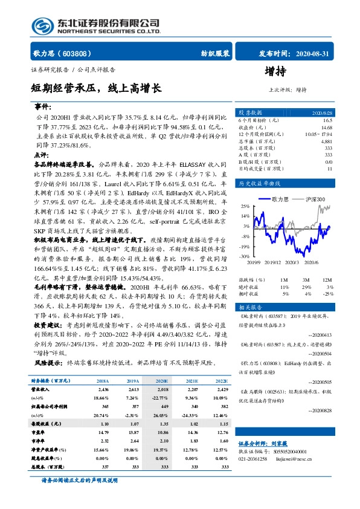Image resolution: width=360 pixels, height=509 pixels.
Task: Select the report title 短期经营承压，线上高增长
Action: click(x=96, y=88)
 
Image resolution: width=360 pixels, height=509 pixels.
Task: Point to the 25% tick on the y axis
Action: click(x=244, y=206)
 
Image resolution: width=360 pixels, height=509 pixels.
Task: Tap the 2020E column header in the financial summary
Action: click(x=161, y=381)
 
